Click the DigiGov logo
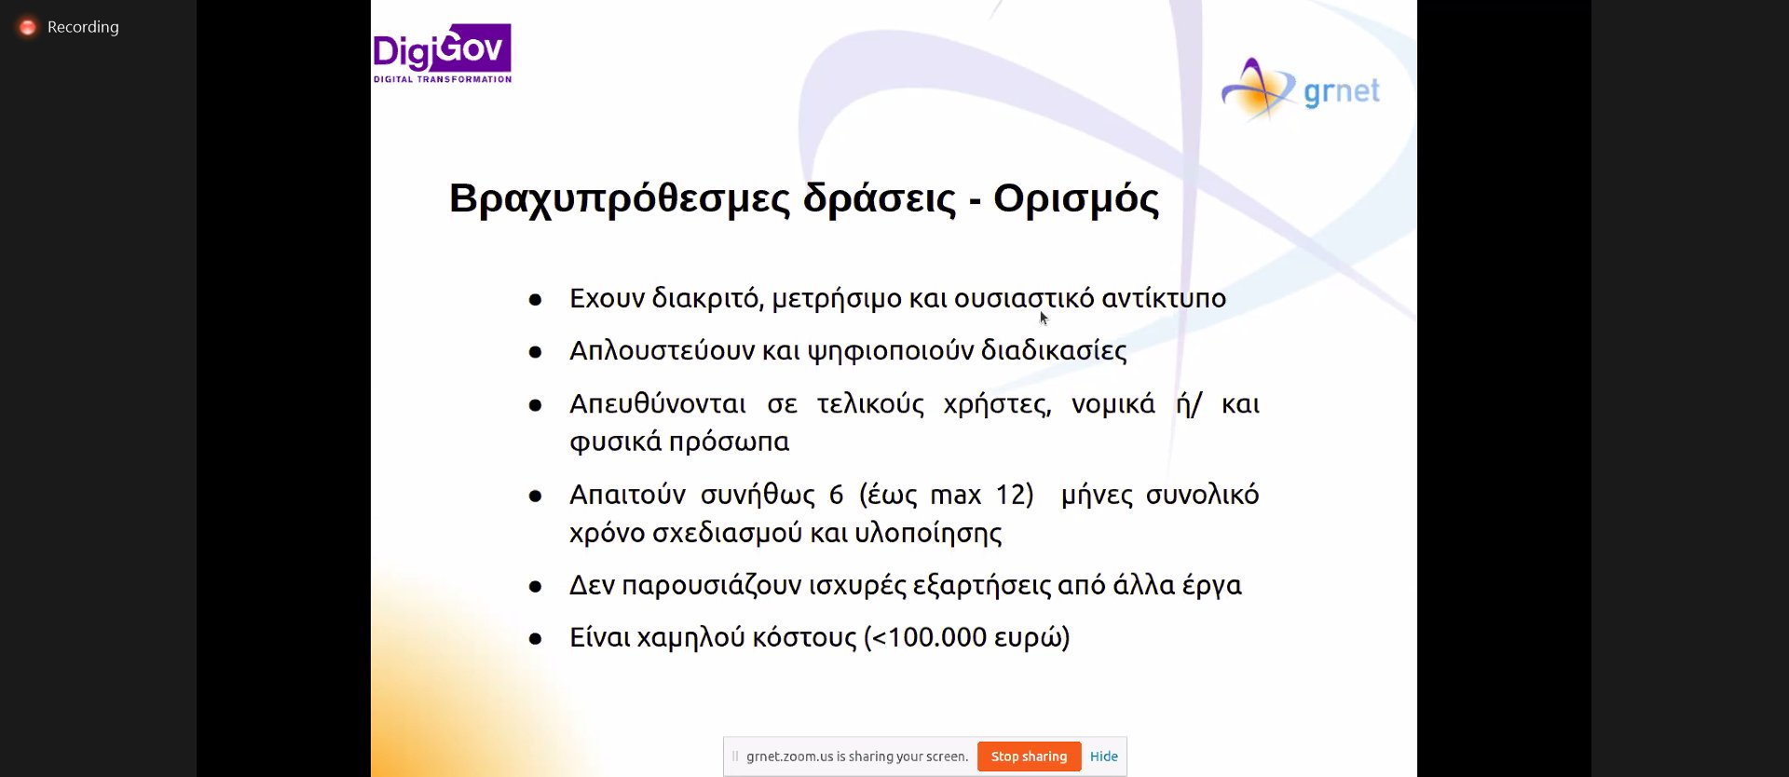[x=442, y=53]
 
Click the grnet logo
[x=1301, y=90]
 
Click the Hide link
[x=1103, y=757]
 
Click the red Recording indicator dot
[x=28, y=27]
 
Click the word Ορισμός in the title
[x=1076, y=198]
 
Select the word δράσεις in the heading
[x=880, y=198]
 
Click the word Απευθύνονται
[x=658, y=404]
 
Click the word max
[x=955, y=495]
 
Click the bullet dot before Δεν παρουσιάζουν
[x=535, y=587]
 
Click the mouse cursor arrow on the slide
[x=1044, y=318]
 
